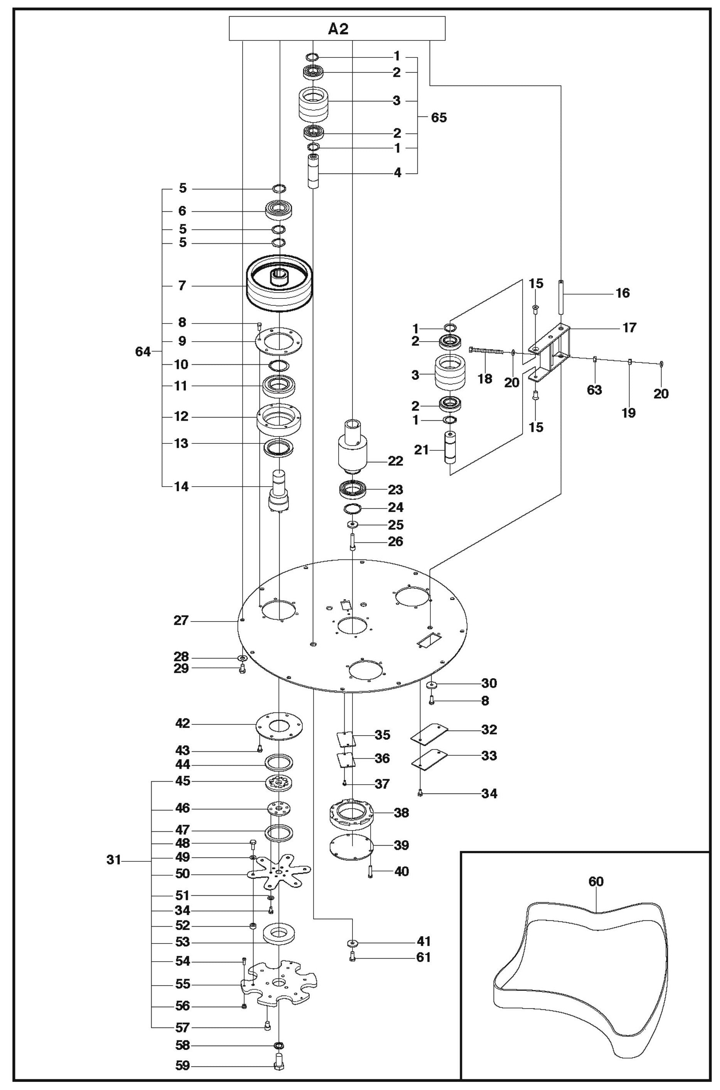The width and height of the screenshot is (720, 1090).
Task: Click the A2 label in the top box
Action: [x=337, y=29]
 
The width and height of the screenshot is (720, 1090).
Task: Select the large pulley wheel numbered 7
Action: [x=279, y=287]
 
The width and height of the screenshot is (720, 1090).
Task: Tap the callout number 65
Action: [x=438, y=118]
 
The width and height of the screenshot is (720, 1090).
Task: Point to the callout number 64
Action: [x=143, y=352]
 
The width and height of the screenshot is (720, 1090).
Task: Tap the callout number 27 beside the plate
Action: [x=181, y=620]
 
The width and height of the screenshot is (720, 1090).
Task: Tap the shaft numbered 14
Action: [x=279, y=494]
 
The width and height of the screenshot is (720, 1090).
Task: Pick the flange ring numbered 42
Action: [x=279, y=726]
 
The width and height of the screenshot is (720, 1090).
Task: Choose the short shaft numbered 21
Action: [x=450, y=448]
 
